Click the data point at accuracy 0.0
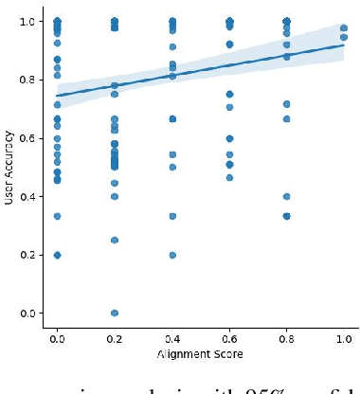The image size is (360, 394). click(115, 313)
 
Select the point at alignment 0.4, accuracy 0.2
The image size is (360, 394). click(172, 255)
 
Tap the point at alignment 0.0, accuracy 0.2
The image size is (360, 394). click(57, 255)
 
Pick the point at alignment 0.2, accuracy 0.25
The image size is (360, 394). click(115, 240)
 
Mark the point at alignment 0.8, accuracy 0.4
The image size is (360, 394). click(287, 197)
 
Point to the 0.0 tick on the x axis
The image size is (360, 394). click(57, 336)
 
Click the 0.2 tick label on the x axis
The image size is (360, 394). click(115, 336)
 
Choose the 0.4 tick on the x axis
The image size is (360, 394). click(172, 336)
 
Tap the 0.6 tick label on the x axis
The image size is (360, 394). click(230, 336)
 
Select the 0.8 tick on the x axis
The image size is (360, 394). click(287, 336)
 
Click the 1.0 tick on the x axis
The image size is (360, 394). click(344, 336)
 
